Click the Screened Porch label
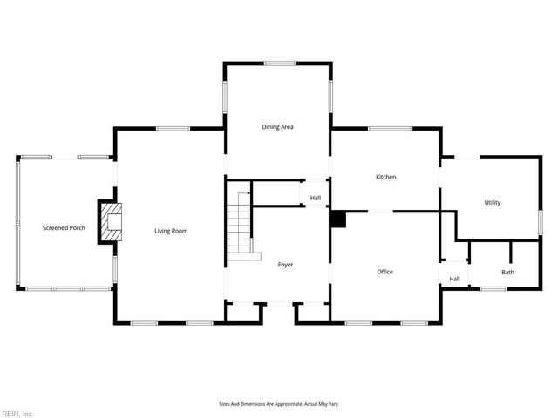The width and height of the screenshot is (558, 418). pyautogui.click(x=64, y=228)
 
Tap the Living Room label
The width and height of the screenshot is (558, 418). pyautogui.click(x=171, y=231)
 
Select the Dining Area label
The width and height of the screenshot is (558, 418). pyautogui.click(x=277, y=127)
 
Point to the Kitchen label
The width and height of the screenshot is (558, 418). pyautogui.click(x=385, y=177)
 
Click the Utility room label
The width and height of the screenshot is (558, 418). pyautogui.click(x=493, y=203)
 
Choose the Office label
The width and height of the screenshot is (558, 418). pyautogui.click(x=384, y=272)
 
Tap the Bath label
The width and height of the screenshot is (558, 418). pyautogui.click(x=507, y=273)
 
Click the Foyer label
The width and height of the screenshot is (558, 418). pyautogui.click(x=285, y=264)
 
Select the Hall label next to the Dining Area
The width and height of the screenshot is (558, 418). pyautogui.click(x=315, y=199)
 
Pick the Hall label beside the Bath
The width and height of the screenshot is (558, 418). pyautogui.click(x=454, y=279)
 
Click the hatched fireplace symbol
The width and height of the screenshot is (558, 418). pyautogui.click(x=111, y=222)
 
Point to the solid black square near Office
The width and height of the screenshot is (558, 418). pyautogui.click(x=337, y=219)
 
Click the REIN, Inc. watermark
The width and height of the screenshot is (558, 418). pyautogui.click(x=17, y=413)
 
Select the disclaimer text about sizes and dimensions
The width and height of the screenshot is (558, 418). pyautogui.click(x=278, y=404)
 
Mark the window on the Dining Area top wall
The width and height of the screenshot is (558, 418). pyautogui.click(x=279, y=63)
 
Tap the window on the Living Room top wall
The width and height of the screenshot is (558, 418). pyautogui.click(x=173, y=129)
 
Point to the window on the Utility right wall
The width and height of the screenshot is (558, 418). pyautogui.click(x=540, y=222)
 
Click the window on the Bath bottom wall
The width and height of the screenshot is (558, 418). pyautogui.click(x=493, y=288)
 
